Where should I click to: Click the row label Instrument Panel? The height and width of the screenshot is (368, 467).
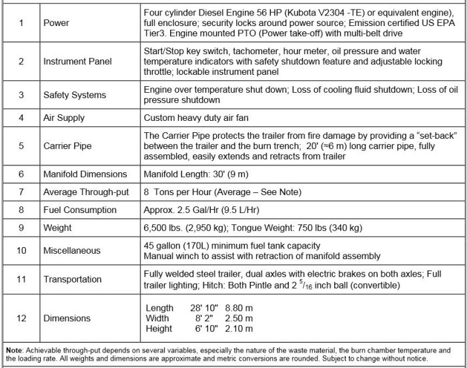[77, 61]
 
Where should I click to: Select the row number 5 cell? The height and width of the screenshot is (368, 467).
[21, 144]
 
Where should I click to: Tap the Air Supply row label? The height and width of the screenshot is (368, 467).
[64, 118]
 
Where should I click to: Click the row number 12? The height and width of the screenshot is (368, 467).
[21, 319]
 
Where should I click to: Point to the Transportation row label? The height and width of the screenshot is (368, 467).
[73, 280]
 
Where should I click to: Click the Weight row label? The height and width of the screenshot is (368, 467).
[58, 228]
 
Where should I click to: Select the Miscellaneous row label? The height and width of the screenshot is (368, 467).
[73, 250]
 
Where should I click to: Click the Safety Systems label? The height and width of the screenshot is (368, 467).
[74, 95]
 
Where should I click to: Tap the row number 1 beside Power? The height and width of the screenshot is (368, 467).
[21, 22]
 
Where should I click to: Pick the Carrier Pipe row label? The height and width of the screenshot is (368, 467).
[67, 144]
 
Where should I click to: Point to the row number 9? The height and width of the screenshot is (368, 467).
[21, 228]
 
